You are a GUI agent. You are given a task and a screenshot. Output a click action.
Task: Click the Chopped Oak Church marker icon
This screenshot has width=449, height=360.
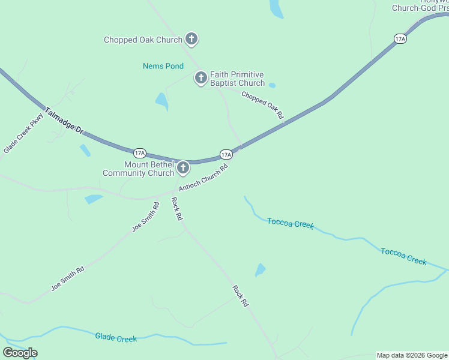[191, 40]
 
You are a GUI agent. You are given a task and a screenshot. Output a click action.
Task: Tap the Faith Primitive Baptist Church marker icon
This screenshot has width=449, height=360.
[201, 78]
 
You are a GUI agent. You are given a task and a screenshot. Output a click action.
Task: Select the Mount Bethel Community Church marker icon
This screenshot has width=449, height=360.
[183, 169]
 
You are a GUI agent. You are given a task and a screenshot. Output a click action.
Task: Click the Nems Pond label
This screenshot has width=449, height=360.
[163, 66]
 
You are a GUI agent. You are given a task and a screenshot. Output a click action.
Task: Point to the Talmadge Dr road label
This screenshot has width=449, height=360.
[64, 119]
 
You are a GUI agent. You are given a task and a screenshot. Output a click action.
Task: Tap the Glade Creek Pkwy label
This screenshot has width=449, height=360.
[24, 133]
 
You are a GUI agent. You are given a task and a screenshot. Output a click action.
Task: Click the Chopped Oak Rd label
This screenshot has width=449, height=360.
[262, 104]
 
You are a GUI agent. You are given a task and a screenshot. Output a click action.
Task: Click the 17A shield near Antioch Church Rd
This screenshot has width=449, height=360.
[226, 154]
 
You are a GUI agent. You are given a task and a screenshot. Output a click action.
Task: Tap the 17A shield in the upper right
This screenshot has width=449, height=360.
[400, 39]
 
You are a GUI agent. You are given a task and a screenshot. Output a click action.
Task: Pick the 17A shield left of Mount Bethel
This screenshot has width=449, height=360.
[139, 153]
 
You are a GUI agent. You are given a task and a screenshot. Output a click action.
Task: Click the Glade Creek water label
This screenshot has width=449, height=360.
[116, 338]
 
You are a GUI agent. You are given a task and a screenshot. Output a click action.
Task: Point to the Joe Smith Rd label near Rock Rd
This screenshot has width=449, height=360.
[146, 217]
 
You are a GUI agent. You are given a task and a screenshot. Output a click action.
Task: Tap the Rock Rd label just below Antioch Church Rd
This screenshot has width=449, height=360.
[176, 209]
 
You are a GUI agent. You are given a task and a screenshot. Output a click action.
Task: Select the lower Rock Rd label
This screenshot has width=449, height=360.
[241, 296]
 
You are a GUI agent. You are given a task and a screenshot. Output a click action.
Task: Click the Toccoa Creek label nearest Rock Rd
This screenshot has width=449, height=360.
[291, 223]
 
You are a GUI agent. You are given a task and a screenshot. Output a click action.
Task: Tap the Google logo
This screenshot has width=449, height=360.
[20, 353]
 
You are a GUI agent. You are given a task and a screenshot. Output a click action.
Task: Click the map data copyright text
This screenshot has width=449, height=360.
[412, 355]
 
